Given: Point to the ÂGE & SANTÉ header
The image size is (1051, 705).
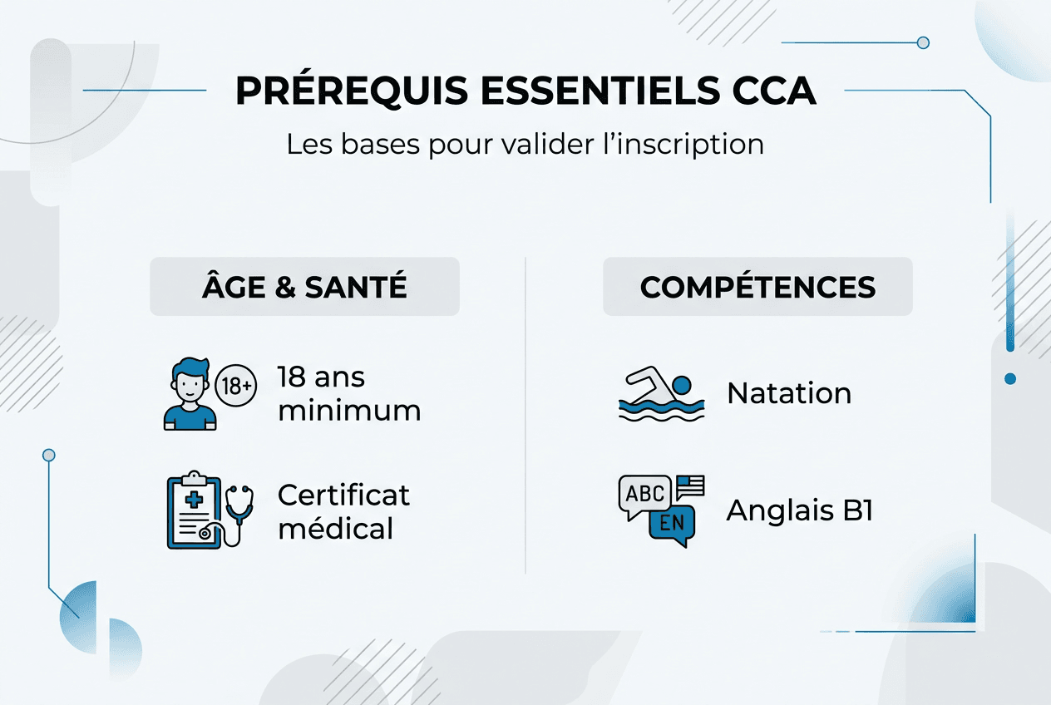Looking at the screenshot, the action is (x=304, y=287).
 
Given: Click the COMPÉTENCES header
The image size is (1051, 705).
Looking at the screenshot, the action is (x=757, y=287).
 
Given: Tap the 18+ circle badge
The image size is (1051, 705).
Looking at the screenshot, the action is (x=235, y=386).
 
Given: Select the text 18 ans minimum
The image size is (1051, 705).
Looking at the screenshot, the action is (x=349, y=394).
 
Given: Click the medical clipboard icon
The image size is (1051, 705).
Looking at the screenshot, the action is (x=194, y=510).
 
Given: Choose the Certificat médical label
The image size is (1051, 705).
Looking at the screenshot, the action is (x=343, y=512).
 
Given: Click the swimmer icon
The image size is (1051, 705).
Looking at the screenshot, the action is (x=662, y=393).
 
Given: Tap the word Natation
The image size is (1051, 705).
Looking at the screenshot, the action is (x=789, y=393).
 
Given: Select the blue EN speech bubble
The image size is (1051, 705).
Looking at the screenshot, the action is (x=672, y=525).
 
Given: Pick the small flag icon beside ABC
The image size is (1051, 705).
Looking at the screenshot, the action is (x=690, y=487).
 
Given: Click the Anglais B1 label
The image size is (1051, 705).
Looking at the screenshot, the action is (x=800, y=510).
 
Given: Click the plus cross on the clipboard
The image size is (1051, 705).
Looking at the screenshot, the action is (x=194, y=500).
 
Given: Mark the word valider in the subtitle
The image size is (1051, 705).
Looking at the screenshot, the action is (x=548, y=144).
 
